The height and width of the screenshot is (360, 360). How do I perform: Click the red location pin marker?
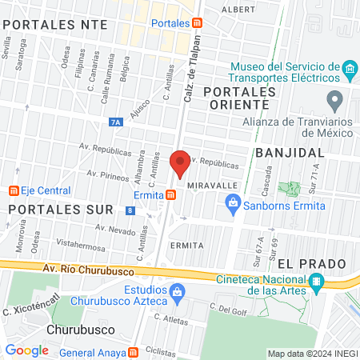tap(180, 163)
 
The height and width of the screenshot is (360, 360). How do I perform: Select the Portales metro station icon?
tap(197, 23)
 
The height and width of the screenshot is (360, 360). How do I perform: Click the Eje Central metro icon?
tap(14, 191)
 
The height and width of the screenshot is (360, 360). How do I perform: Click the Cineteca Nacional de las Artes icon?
tap(317, 282)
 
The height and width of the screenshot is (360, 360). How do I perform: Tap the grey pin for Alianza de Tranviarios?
tap(335, 101)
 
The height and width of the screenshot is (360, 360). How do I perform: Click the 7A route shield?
tap(116, 122)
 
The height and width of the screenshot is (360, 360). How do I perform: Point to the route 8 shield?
tap(130, 210)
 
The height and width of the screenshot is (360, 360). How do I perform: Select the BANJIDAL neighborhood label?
tap(290, 152)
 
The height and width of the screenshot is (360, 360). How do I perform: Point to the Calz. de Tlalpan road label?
tap(190, 78)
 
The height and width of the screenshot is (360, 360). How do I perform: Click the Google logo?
tap(27, 350)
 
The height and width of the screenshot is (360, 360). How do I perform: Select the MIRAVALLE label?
tap(214, 184)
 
